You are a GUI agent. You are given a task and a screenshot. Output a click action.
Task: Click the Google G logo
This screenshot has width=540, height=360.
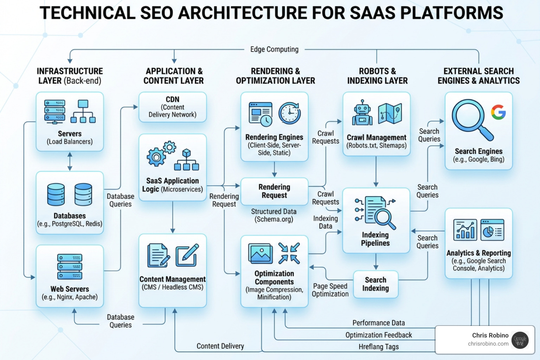point(498,112)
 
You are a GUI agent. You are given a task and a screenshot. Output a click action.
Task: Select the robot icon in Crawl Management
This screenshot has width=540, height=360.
point(362,113)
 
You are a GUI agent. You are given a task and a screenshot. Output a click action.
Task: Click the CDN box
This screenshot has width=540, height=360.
point(172,107)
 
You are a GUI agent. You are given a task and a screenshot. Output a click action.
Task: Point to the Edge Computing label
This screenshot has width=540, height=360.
point(274,49)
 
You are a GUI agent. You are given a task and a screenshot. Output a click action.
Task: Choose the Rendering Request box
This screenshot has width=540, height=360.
point(274,191)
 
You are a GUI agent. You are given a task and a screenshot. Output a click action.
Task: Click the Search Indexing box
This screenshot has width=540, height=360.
point(375,284)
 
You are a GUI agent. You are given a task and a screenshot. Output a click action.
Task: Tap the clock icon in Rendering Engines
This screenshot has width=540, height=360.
point(290,113)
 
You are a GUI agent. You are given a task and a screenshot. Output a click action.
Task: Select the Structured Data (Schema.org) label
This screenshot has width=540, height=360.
point(274,215)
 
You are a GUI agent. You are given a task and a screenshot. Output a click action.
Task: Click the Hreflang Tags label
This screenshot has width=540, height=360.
point(379,347)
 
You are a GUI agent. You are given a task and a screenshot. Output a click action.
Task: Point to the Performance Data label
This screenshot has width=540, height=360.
point(379,323)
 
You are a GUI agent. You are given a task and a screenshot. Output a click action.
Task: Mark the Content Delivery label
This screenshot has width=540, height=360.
point(220,346)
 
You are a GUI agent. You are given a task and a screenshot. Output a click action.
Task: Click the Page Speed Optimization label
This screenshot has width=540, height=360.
point(330,290)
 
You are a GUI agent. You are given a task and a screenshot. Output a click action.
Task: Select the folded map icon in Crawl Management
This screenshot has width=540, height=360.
point(390,113)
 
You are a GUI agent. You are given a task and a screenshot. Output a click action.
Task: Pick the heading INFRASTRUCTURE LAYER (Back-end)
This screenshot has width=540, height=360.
point(70,76)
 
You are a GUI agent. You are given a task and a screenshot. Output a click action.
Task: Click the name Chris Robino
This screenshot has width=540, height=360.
point(490,335)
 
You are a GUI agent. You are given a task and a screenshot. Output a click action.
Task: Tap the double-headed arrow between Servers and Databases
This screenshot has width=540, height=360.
point(70,161)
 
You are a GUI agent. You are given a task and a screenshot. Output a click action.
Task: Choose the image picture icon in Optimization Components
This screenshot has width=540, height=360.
point(260,253)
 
